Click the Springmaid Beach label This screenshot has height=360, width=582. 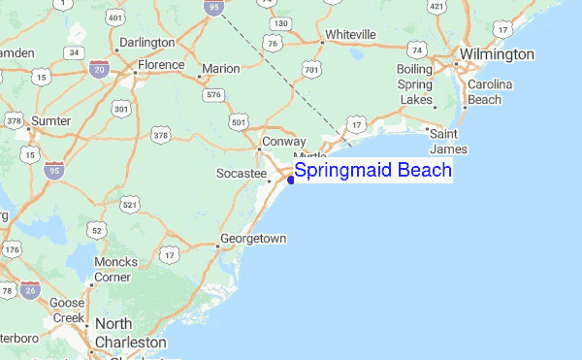372,171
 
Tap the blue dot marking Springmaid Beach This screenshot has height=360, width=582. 291,180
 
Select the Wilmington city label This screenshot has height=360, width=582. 497,54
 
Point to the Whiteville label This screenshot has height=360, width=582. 350,34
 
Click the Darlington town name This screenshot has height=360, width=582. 145,43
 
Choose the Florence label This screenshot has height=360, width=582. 160,65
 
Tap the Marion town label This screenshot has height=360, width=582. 219,69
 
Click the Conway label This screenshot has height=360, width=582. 284,142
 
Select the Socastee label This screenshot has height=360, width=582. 241,173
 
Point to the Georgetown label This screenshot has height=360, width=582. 253,238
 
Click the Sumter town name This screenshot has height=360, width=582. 51,120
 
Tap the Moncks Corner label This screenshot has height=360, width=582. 115,270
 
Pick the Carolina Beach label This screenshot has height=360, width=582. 490,92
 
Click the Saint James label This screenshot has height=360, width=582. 449,141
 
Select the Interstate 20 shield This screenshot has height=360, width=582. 98,70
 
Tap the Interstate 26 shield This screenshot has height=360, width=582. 32,289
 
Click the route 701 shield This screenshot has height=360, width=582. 311,70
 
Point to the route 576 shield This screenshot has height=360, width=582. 213,94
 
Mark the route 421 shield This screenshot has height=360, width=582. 436,8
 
